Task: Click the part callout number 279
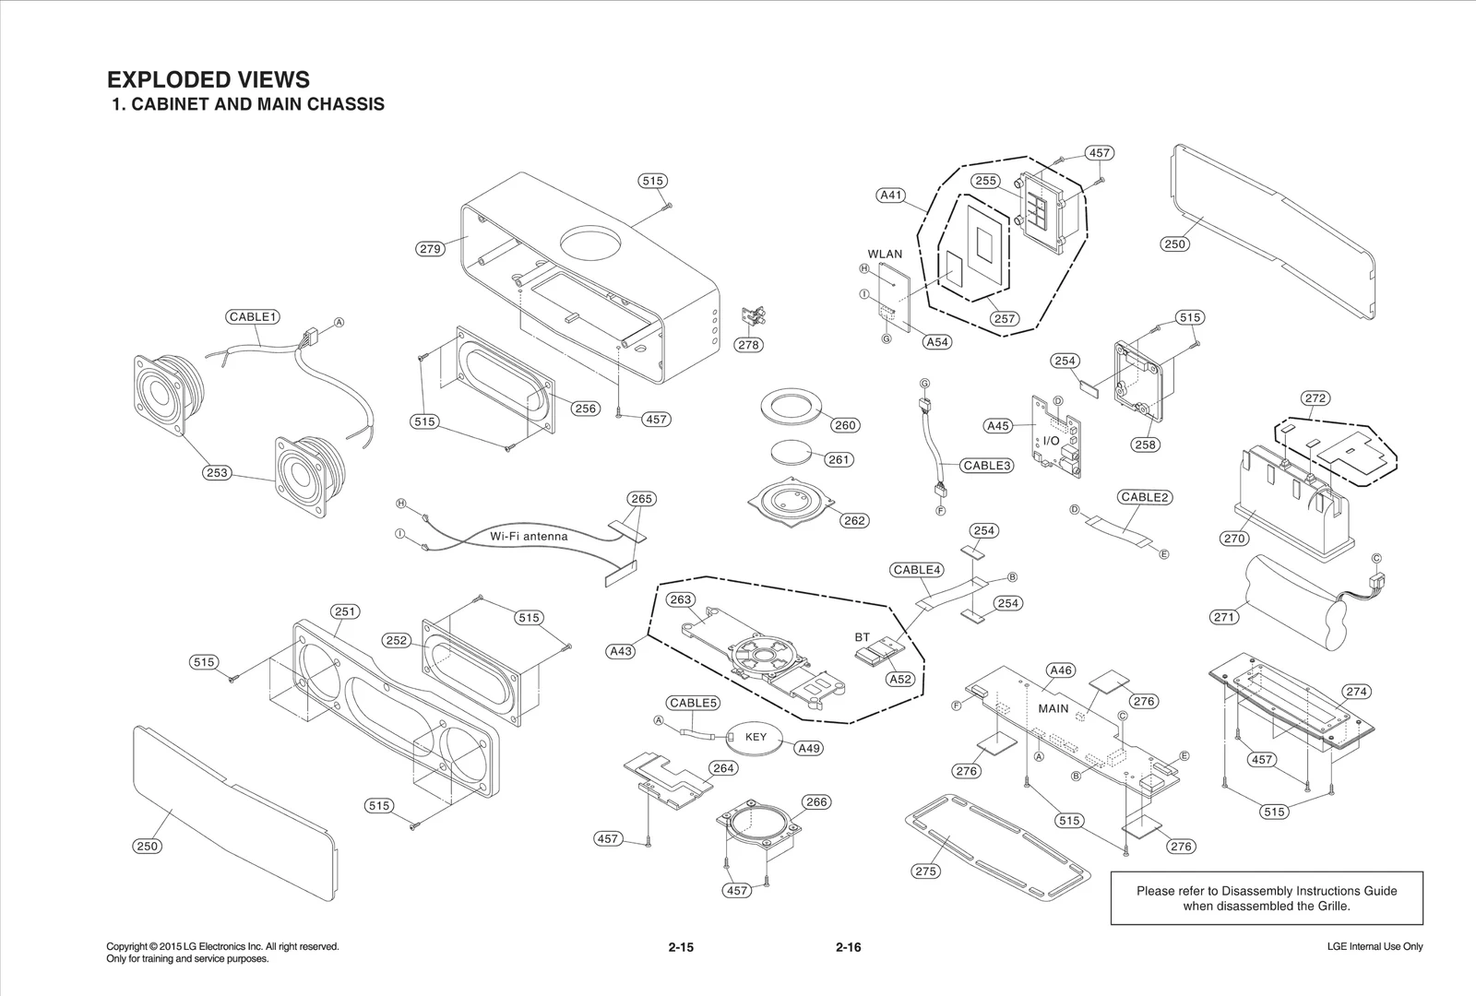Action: pos(431,248)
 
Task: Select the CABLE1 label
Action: pos(253,316)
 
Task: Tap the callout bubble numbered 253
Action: pos(217,472)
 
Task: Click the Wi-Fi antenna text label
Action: pos(529,536)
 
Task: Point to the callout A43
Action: pos(621,651)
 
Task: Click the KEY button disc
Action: pos(756,737)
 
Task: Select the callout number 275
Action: pos(925,871)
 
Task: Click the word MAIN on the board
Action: pos(1053,708)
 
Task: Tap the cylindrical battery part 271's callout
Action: pos(1224,617)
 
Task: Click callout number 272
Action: pos(1315,398)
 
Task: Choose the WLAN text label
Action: pos(885,254)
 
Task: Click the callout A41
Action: pos(891,196)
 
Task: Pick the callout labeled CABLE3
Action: pos(987,465)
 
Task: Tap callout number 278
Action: pos(748,345)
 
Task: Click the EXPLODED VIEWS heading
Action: pos(208,79)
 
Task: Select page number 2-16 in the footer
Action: pos(848,947)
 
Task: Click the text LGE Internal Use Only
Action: pos(1375,946)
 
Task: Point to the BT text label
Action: pos(863,637)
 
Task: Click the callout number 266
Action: pos(816,801)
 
